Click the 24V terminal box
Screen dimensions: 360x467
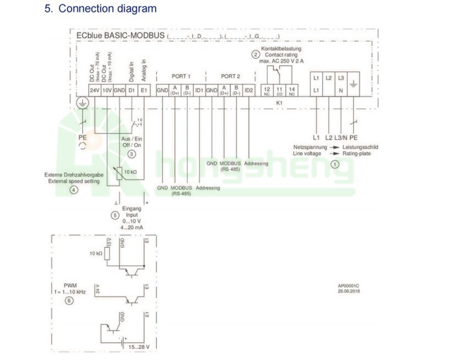tap(95, 91)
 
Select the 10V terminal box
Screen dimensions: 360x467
tap(107, 91)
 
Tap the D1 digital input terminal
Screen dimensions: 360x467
tap(131, 91)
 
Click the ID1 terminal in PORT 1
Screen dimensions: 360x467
tap(199, 91)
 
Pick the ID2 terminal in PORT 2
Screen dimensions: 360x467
tap(248, 91)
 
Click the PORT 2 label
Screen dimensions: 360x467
tap(230, 75)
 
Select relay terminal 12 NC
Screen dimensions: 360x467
tap(267, 91)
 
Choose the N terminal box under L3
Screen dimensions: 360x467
tap(341, 91)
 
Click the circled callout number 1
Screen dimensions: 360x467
tap(334, 164)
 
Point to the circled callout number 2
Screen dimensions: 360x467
tap(255, 55)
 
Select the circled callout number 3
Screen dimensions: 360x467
tap(131, 153)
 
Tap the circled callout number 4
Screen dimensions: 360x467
tap(73, 189)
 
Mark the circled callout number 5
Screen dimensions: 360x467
tap(115, 215)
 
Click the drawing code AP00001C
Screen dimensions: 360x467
tap(349, 286)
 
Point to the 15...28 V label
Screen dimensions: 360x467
tap(139, 346)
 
